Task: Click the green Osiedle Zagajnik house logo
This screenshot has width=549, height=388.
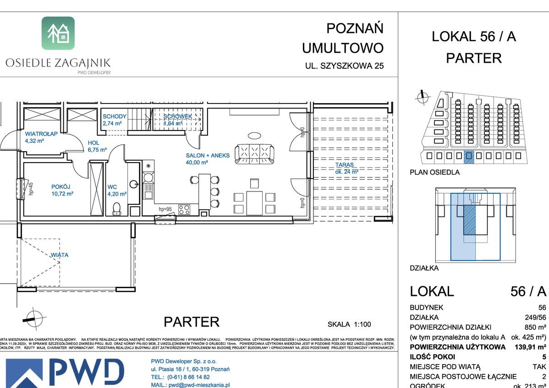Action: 58,33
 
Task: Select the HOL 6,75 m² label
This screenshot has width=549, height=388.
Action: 97,146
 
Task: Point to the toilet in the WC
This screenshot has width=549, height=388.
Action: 116,209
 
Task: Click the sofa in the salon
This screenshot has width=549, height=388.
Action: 254,153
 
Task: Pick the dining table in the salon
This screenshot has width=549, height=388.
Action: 254,202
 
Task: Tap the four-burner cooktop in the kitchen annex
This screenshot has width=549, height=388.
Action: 184,210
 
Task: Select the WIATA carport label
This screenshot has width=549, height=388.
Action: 60,255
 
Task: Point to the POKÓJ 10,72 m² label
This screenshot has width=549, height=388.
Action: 62,190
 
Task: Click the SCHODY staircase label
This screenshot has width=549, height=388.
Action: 114,120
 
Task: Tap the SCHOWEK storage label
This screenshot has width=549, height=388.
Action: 178,120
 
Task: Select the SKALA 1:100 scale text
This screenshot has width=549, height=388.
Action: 349,324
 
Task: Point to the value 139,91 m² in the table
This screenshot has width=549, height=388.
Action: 527,347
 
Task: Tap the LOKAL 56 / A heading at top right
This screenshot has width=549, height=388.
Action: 474,37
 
